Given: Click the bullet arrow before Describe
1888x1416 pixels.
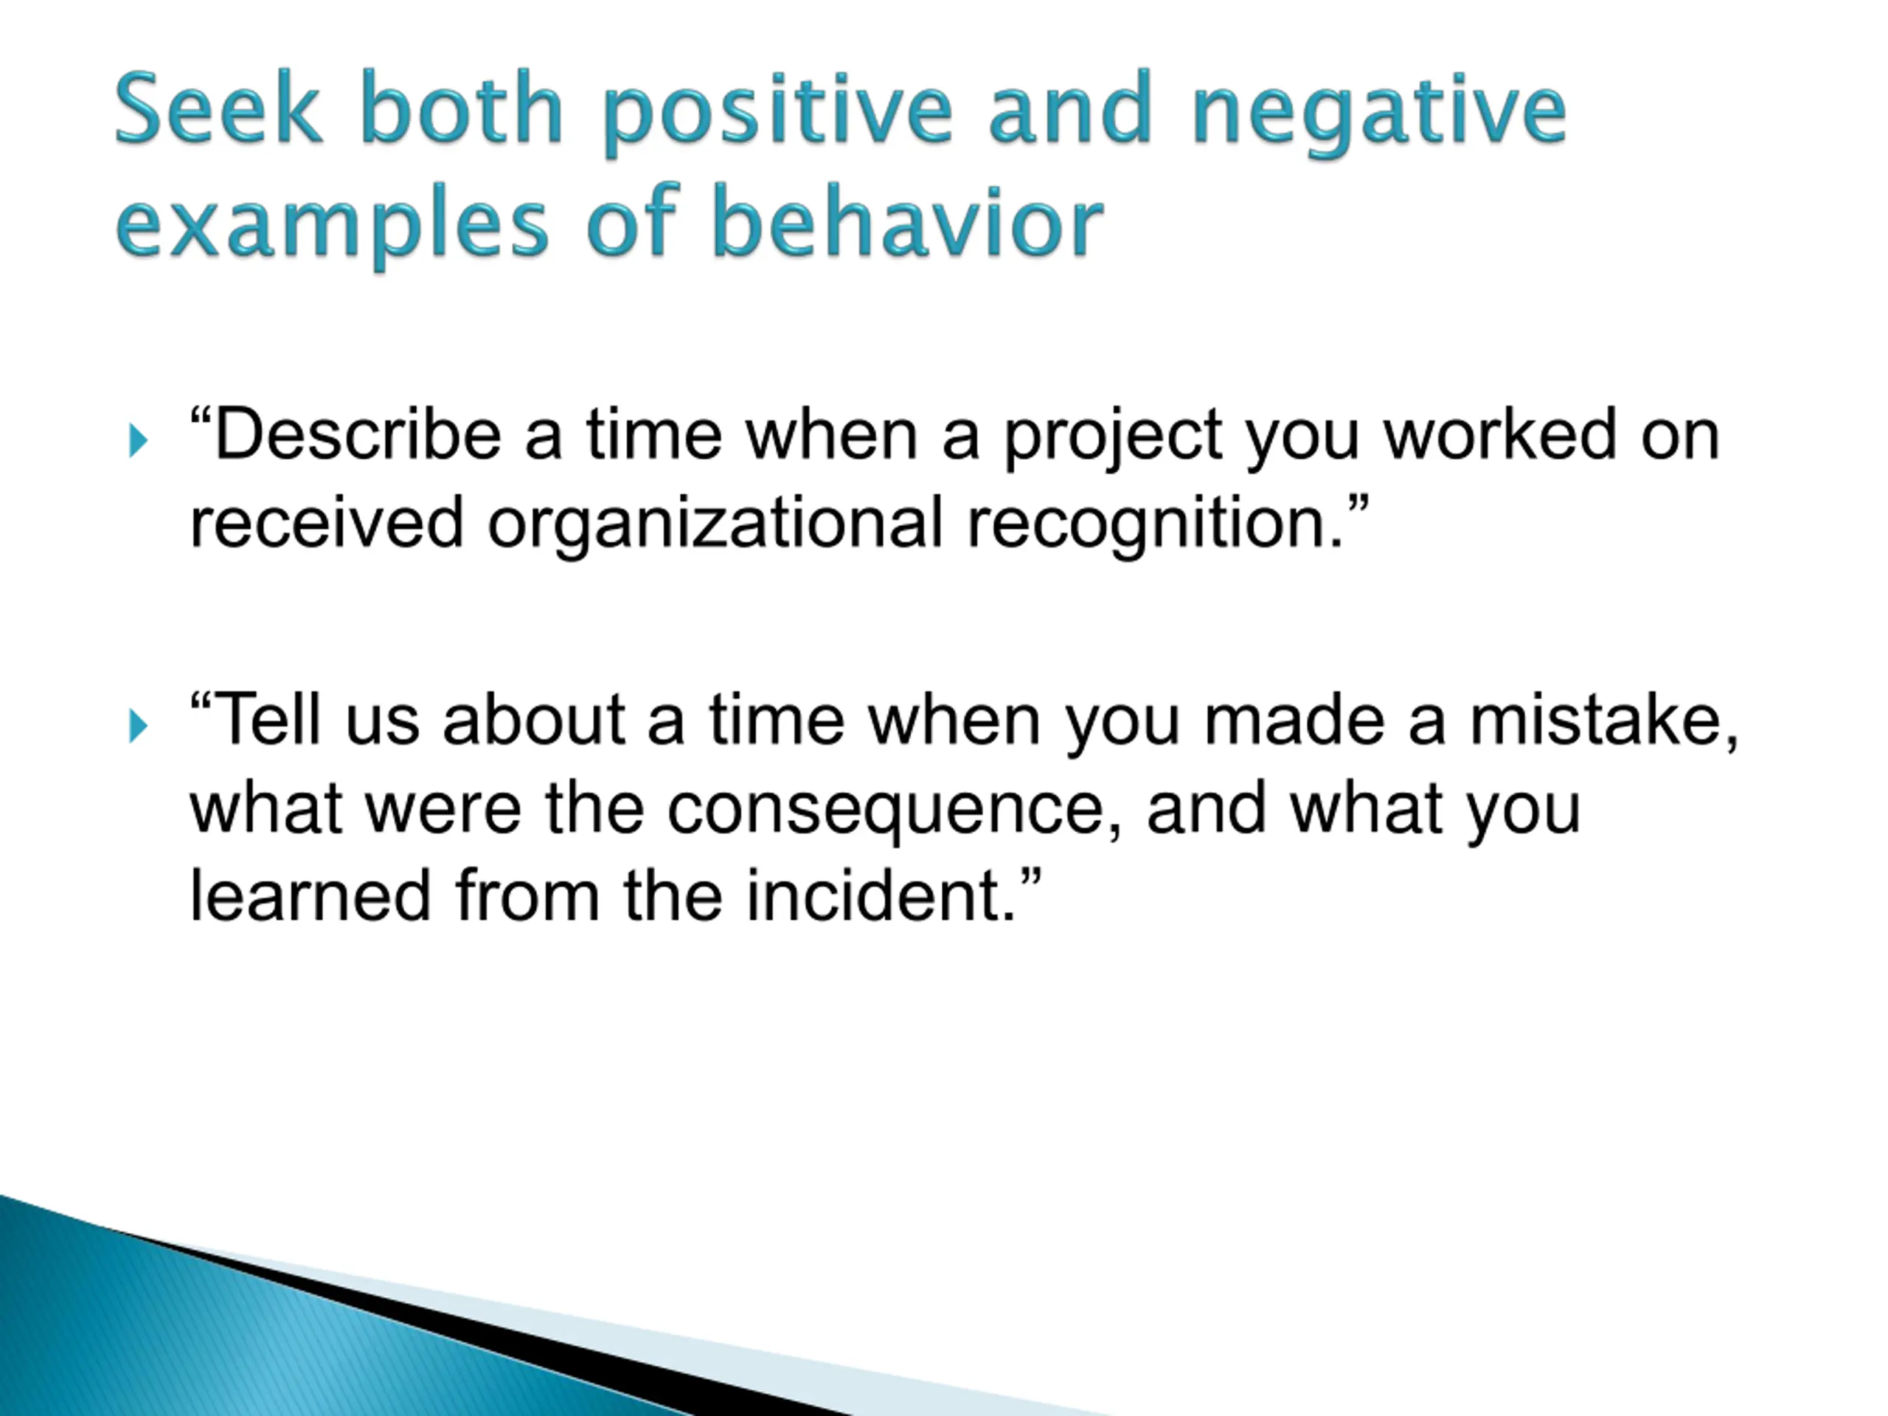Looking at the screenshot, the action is (x=137, y=441).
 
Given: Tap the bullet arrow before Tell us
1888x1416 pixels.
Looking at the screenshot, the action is (x=137, y=727).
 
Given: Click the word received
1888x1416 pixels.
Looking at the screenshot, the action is (x=326, y=521).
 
